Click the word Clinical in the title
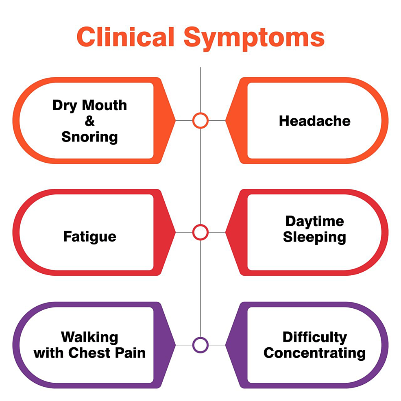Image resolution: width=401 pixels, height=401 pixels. point(125,37)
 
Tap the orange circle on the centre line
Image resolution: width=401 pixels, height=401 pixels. point(200,120)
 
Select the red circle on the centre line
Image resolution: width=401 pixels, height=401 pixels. point(200,232)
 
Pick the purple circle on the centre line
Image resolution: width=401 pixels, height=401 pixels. point(200,345)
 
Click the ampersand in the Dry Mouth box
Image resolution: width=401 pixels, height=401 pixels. point(89,121)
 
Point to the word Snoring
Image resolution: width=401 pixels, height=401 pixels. point(89,137)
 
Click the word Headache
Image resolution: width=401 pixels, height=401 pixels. point(314,121)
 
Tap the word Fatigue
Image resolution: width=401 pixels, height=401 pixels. point(89,237)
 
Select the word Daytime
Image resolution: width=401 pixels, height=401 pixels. point(314,221)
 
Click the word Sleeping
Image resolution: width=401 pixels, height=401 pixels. point(314,237)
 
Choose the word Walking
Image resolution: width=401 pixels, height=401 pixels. point(89,338)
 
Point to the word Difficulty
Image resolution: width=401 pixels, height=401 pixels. point(314,337)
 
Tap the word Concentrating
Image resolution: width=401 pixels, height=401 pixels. point(314,353)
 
